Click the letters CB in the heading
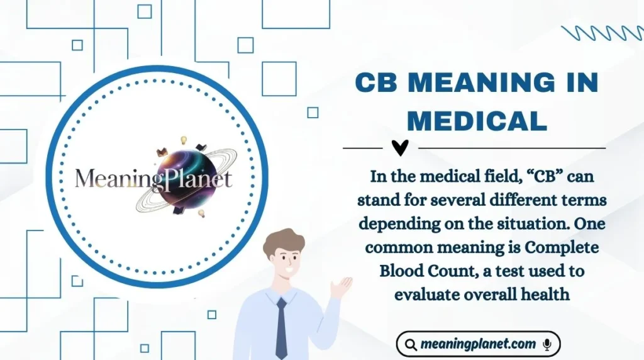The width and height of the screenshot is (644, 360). click(x=376, y=83)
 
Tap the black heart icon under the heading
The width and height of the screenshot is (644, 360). click(x=399, y=148)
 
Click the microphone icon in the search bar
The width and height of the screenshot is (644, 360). click(x=547, y=344)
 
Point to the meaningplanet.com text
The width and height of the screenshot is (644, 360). click(x=478, y=344)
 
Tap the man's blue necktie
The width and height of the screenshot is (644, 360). click(x=281, y=327)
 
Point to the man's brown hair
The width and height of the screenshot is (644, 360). click(x=283, y=240)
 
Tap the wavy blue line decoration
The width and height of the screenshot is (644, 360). click(x=601, y=33)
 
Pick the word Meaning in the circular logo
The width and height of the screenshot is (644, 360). click(x=113, y=179)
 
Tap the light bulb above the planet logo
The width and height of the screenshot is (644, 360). click(x=184, y=140)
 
